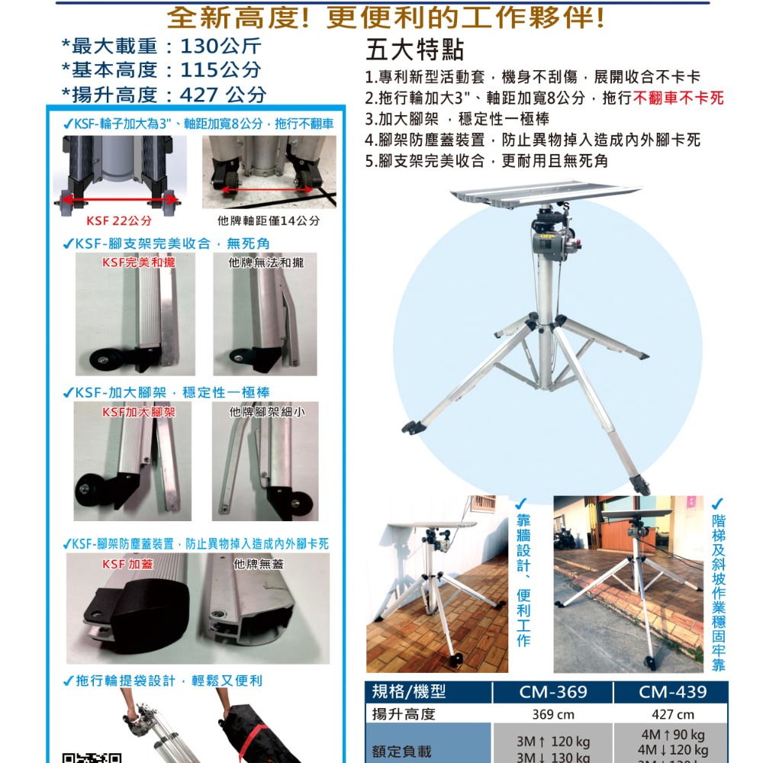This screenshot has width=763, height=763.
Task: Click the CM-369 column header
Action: coord(553,692)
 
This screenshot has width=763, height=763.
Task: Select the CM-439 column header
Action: coord(672,692)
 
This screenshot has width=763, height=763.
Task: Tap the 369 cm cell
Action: coord(553,714)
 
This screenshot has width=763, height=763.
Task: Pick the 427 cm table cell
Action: coord(672,714)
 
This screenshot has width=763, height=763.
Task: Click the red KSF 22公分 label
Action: coord(119,221)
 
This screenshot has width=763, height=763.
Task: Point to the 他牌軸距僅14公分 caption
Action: coord(269,221)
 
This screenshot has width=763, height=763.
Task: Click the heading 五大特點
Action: coord(414,50)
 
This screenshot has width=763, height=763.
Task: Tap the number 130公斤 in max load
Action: coord(221,47)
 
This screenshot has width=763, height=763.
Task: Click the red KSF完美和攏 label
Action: coord(139,262)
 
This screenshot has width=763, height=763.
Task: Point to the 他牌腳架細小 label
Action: coord(267,412)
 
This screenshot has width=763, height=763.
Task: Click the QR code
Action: coord(92,756)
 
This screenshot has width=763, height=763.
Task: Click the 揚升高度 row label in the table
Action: coord(403,714)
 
